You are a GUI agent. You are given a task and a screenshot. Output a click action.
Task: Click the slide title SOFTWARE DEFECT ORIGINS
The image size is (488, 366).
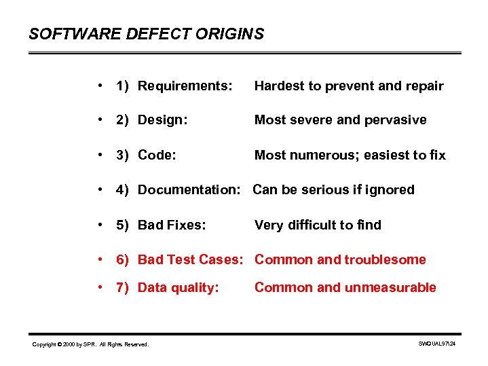[146, 34]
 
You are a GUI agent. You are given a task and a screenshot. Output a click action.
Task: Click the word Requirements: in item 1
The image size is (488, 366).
[185, 86]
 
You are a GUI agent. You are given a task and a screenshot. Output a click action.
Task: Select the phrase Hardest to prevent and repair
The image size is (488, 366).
[348, 86]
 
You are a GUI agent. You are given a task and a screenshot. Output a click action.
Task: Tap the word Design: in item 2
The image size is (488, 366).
[162, 120]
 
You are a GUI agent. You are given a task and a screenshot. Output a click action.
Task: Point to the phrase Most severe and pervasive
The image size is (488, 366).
[340, 120]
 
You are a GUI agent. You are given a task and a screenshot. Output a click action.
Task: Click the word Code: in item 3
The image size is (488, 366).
[157, 155]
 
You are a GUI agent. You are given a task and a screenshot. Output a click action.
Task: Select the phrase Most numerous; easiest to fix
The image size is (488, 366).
[350, 155]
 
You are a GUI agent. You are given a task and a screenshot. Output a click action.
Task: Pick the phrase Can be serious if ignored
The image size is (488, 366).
[333, 190]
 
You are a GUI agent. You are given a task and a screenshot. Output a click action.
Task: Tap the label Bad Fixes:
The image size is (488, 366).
[171, 225]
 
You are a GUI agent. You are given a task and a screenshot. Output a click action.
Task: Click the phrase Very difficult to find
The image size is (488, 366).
[318, 225]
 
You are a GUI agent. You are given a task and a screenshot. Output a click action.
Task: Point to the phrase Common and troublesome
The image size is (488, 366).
[340, 260]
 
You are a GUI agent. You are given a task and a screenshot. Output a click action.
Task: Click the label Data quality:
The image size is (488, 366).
[178, 288]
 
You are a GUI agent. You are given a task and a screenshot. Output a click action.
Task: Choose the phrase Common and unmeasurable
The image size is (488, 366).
[345, 288]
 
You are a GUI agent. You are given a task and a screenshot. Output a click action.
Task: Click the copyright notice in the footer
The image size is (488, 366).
[90, 345]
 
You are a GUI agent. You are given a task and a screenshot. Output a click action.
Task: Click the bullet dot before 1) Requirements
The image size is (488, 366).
[100, 86]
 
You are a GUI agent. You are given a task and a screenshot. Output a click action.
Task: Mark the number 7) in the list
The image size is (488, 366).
[123, 288]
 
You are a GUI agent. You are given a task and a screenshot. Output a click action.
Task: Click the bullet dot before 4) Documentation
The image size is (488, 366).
[100, 189]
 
